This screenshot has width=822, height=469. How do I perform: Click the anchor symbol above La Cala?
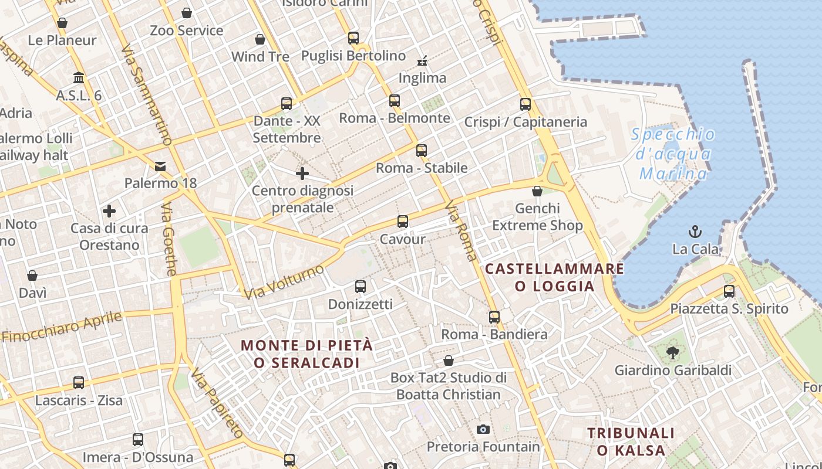[x=695, y=231]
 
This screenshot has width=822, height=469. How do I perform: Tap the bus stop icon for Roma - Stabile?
[x=421, y=150]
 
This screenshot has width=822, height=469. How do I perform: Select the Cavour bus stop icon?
[x=402, y=222]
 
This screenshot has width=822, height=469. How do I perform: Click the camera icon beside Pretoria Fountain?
[x=483, y=430]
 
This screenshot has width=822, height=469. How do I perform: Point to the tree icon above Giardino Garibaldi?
[x=672, y=353]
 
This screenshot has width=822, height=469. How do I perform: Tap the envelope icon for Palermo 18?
[x=160, y=166]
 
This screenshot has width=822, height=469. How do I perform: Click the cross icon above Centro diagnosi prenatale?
[x=302, y=174]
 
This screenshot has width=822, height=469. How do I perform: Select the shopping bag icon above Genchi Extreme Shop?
[x=537, y=191]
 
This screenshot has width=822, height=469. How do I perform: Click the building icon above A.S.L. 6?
[x=79, y=78]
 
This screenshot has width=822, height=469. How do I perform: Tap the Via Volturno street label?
[x=284, y=282]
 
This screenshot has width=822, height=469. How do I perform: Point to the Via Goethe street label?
[x=170, y=239]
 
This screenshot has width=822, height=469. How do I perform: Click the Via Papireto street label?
[x=217, y=404]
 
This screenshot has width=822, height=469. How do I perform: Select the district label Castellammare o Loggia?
[x=554, y=277]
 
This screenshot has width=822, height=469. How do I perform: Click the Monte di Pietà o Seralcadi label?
[x=306, y=354]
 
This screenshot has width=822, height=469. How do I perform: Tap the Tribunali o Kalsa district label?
[x=631, y=441]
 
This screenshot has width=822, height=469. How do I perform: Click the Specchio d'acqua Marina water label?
[x=673, y=154]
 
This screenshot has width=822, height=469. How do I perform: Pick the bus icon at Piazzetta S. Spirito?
[x=729, y=291]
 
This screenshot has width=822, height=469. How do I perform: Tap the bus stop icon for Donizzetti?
[x=361, y=287]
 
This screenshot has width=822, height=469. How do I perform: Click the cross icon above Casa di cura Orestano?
[x=109, y=211]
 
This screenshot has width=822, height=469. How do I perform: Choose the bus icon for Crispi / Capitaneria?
[x=525, y=104]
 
